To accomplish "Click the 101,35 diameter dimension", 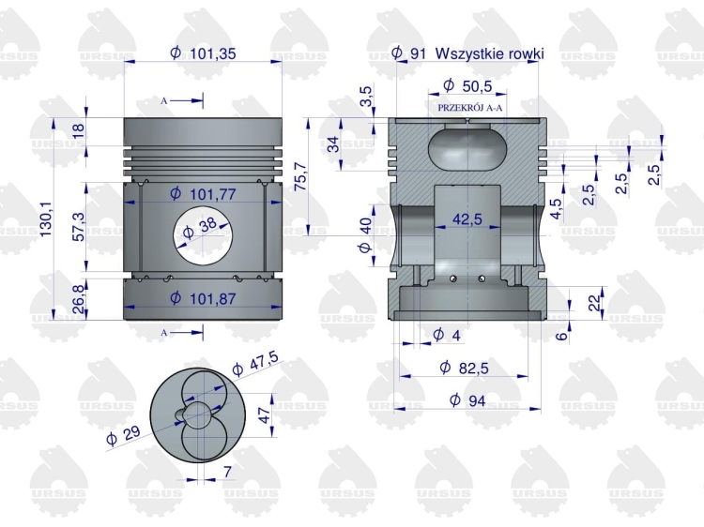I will pyautogui.click(x=203, y=53).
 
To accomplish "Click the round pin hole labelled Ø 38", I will pyautogui.click(x=203, y=242).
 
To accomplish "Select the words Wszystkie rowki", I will pyautogui.click(x=489, y=53).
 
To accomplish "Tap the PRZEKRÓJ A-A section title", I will pyautogui.click(x=470, y=108).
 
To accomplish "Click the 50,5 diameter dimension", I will pyautogui.click(x=468, y=86).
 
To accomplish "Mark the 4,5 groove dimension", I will pyautogui.click(x=557, y=206).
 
